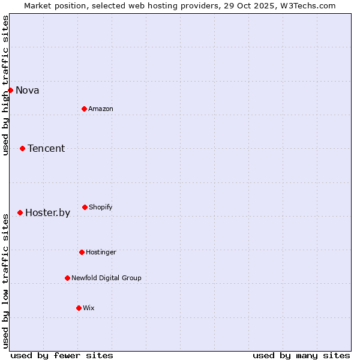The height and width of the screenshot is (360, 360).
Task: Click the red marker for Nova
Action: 10,90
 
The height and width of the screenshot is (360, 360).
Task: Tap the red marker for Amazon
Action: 84,109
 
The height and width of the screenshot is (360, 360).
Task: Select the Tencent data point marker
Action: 22,148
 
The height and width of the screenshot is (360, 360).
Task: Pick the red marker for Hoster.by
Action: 20,212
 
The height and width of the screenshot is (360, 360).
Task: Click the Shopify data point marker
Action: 85,207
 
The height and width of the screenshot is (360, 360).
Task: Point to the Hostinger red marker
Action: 82,252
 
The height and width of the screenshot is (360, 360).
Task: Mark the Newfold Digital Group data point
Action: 67,278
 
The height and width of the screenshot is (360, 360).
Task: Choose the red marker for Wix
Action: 79,308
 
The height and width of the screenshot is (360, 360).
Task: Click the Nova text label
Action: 28,91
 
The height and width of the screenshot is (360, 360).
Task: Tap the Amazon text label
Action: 101,109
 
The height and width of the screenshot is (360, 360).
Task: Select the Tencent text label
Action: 46,149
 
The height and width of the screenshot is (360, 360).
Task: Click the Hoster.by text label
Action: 48,213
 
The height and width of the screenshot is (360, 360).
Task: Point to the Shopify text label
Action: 101,208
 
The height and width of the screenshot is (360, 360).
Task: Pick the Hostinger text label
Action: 101,253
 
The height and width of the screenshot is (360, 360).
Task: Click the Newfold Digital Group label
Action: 106,278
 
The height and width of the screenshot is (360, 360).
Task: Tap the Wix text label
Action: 89,308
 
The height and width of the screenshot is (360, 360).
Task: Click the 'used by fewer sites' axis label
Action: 62,355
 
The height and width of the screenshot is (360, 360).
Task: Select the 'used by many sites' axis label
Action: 301,355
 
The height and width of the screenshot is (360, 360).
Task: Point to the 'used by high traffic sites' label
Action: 6,85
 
